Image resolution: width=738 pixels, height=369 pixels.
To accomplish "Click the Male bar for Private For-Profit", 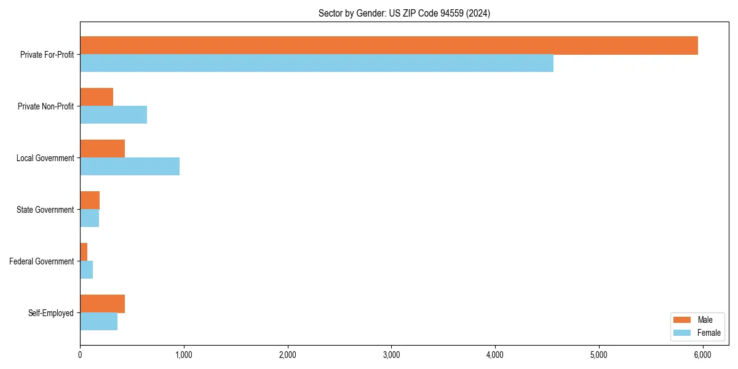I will [x=389, y=46].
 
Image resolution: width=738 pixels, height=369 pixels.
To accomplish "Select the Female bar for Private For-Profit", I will [x=317, y=63].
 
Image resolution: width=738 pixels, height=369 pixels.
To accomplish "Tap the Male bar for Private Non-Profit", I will [x=97, y=97].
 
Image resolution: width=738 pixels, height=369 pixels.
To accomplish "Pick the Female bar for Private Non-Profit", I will [x=113, y=115].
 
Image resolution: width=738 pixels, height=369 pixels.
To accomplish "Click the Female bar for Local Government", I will [x=130, y=167].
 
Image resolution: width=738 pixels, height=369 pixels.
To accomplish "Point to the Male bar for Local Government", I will [x=102, y=149].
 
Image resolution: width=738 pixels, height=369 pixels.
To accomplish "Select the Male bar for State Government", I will [x=90, y=200].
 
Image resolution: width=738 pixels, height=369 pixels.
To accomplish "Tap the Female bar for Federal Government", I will [x=86, y=270].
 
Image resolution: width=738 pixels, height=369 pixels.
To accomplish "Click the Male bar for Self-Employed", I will [x=102, y=304].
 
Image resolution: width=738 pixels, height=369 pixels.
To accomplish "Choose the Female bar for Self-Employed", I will [x=98, y=322].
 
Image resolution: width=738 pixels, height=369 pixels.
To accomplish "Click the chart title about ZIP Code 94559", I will [x=404, y=13].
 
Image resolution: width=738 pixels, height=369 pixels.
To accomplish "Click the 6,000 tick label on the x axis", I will [x=702, y=355].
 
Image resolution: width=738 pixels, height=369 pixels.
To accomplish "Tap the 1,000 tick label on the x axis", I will [x=184, y=355].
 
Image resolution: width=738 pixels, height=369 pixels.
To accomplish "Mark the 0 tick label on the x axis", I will [x=80, y=355].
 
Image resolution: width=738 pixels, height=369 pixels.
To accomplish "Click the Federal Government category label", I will [x=42, y=261].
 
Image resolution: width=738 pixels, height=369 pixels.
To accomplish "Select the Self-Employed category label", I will [x=51, y=313].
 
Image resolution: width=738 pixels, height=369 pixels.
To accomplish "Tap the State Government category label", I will [x=46, y=210].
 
